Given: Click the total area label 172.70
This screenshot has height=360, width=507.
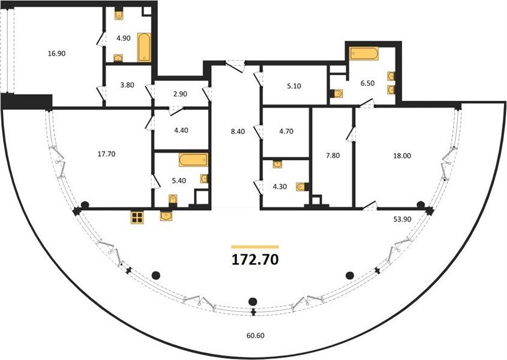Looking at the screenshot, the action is tap(255, 259).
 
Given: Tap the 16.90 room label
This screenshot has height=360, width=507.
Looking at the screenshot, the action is tap(56, 53).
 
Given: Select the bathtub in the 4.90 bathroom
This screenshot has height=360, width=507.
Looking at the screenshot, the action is tap(144, 47).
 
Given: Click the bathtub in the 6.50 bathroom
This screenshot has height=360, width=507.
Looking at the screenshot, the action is tap(364, 53).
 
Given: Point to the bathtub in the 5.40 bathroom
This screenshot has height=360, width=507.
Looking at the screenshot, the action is tap(193, 160).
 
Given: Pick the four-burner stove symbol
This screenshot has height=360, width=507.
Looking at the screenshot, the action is tap(137, 217).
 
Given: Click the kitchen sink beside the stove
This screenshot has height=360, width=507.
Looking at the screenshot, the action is tap(166, 216).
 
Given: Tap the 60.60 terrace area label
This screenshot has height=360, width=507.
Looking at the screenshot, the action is tap(255, 336).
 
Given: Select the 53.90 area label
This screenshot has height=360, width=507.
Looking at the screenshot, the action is tap(402, 219).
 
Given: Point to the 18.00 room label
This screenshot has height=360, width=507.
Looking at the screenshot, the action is tap(402, 155).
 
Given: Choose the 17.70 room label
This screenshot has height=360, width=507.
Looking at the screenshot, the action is tap(106, 154).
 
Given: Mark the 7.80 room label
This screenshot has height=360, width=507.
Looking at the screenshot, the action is tap(332, 155).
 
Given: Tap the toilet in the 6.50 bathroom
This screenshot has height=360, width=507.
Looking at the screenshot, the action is tap(336, 94).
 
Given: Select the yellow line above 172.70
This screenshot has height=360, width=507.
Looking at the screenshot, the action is tap(255, 247).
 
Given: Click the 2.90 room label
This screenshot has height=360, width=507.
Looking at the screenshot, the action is tap(180, 94).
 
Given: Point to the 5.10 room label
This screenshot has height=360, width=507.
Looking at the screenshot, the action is tap(293, 86).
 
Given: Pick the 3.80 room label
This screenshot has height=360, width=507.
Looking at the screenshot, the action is tap(127, 85).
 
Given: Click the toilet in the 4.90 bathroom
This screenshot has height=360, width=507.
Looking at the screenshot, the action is tap(119, 14).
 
